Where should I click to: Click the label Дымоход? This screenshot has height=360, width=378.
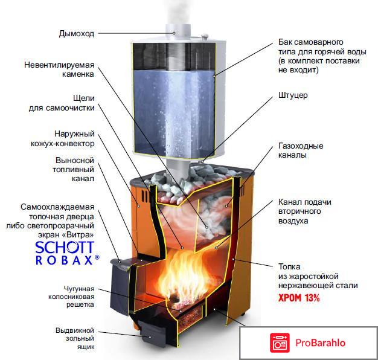tap(77, 34)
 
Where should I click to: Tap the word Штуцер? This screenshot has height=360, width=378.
tap(293, 95)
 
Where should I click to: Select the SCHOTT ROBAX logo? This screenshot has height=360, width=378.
tap(67, 253)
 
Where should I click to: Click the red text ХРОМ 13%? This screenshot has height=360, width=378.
tap(299, 298)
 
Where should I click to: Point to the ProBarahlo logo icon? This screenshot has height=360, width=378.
tap(280, 343)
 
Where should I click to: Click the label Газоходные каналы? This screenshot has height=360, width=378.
tap(301, 150)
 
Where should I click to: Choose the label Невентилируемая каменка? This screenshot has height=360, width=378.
tap(59, 69)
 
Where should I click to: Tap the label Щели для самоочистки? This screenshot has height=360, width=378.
tap(62, 103)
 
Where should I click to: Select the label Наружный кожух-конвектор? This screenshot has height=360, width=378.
tap(63, 139)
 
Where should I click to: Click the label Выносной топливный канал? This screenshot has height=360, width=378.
tap(74, 170)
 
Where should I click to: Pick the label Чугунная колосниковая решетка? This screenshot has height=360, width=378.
tap(71, 297)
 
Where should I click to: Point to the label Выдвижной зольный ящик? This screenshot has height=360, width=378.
tap(75, 338)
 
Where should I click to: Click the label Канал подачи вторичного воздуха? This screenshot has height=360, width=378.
tap(305, 211)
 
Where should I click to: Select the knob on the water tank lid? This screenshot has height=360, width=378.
tap(205, 36)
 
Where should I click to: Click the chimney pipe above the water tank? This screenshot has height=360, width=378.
tap(178, 31)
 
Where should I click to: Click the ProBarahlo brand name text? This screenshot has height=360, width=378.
tap(321, 343)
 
